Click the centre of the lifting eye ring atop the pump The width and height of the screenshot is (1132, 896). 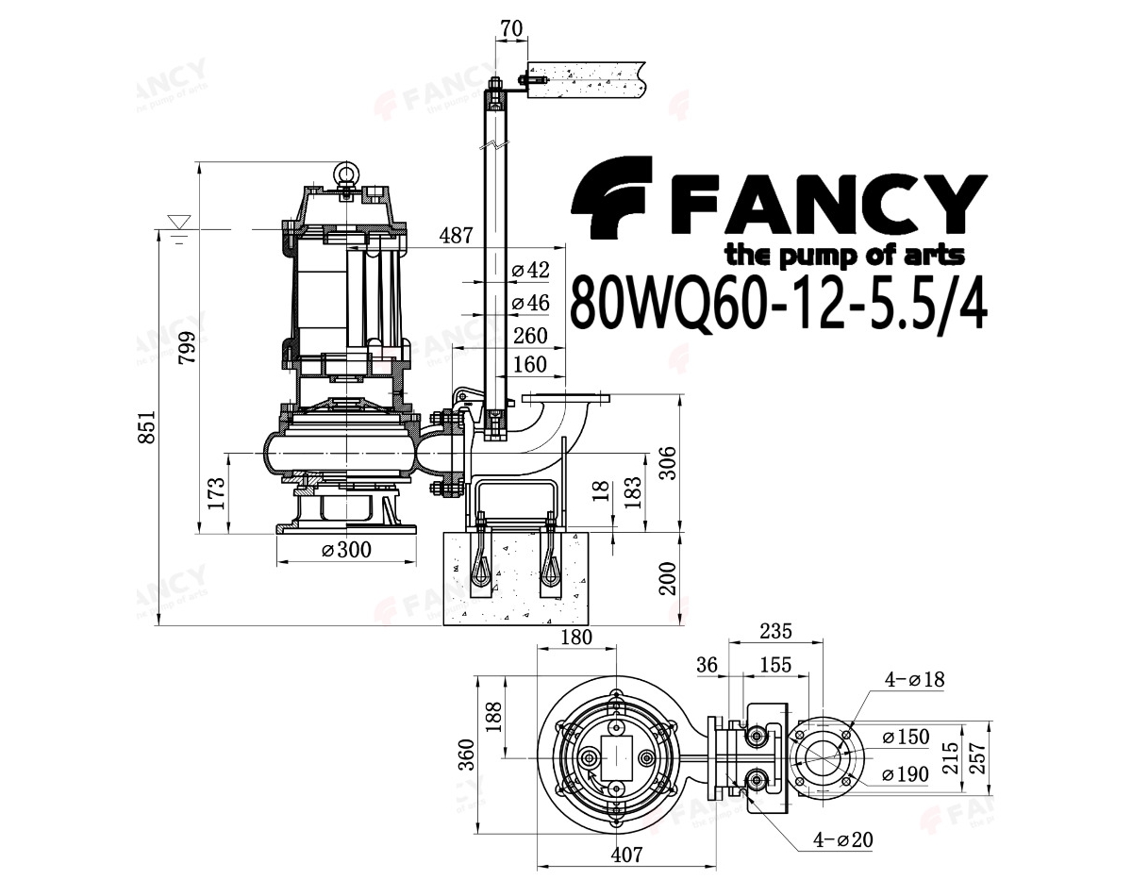(x=346, y=172)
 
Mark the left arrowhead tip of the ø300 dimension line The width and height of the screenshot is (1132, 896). (x=276, y=562)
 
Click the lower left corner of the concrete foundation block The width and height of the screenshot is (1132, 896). (x=444, y=625)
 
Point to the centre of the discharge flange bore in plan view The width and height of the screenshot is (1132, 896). (x=821, y=758)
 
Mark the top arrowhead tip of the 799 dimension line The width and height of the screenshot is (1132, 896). (x=200, y=162)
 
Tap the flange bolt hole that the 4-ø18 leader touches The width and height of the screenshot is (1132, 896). (x=846, y=735)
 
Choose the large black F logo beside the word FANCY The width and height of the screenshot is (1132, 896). (x=612, y=197)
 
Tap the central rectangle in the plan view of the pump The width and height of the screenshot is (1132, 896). (x=616, y=758)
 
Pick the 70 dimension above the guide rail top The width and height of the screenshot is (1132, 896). (x=511, y=28)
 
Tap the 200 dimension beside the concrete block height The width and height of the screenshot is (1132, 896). (x=667, y=579)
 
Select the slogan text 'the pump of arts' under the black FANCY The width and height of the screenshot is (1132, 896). (x=845, y=257)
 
